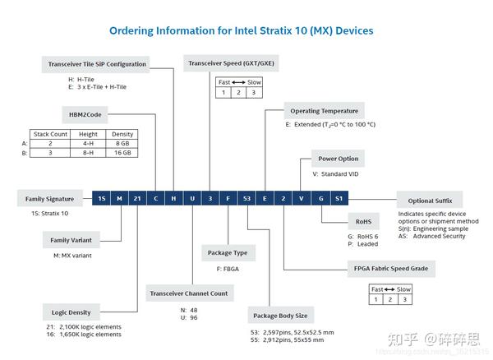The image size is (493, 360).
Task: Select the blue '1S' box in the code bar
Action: (102, 199)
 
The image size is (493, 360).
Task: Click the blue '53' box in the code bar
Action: (246, 199)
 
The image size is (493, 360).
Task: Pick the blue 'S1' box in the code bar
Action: (339, 199)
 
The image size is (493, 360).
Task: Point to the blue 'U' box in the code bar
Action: (192, 199)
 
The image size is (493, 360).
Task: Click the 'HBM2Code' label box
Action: (81, 115)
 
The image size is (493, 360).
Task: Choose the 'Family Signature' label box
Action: (50, 199)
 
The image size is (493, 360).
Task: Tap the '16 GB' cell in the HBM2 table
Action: (123, 152)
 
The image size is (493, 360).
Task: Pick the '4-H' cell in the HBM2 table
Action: (88, 142)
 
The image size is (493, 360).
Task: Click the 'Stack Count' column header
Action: (49, 133)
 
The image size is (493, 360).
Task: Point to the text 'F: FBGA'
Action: (217, 268)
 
